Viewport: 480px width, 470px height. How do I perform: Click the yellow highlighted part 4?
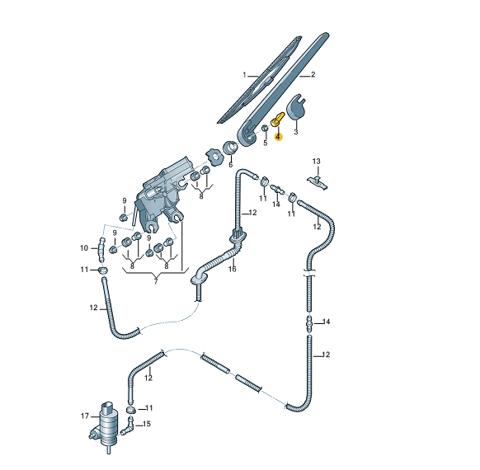278,119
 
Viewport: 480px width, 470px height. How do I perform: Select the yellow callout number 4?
278,137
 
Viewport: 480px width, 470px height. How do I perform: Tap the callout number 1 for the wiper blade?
244,75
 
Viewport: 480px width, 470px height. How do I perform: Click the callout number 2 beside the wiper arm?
313,75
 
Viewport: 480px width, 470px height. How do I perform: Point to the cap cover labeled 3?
296,106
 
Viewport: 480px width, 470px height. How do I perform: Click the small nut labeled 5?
265,128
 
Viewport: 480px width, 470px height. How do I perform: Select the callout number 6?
230,165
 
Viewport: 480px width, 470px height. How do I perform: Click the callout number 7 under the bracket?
156,281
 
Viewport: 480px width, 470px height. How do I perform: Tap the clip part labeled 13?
318,182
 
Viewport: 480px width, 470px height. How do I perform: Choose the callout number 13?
316,162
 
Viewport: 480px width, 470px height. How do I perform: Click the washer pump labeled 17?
105,426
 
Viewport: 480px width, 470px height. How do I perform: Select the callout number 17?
85,416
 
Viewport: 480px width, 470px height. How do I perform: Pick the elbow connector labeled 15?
128,426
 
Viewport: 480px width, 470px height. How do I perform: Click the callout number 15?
147,424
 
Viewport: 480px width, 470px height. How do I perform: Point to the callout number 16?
233,269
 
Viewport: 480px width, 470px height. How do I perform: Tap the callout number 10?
84,248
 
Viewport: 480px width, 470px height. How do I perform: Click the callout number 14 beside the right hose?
326,322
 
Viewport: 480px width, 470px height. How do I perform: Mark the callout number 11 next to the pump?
148,408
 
